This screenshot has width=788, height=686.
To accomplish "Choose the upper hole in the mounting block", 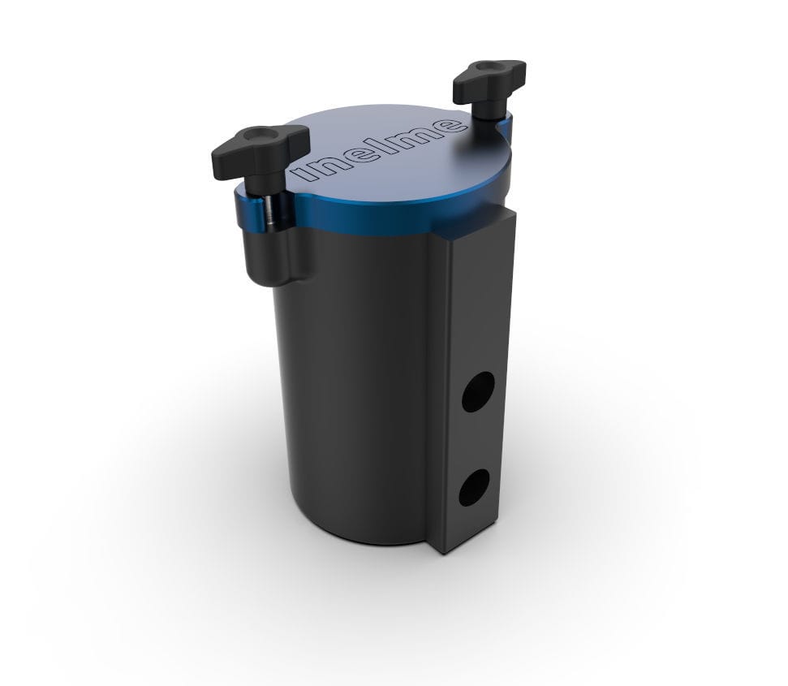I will tap(476, 391).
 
